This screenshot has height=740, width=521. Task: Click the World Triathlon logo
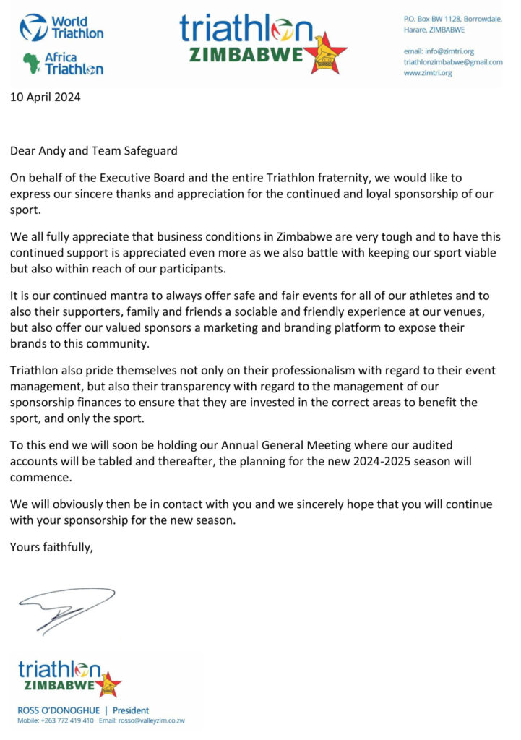point(61,27)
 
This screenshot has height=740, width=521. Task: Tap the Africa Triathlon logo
point(63,64)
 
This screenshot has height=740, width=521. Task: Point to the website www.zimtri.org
point(428,73)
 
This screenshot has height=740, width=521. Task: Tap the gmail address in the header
point(453,62)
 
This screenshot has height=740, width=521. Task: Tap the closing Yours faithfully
point(52,546)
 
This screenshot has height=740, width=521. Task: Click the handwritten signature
point(66,607)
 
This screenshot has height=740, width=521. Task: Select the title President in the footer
point(131,710)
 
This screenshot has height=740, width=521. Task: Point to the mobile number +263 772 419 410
point(69,720)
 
